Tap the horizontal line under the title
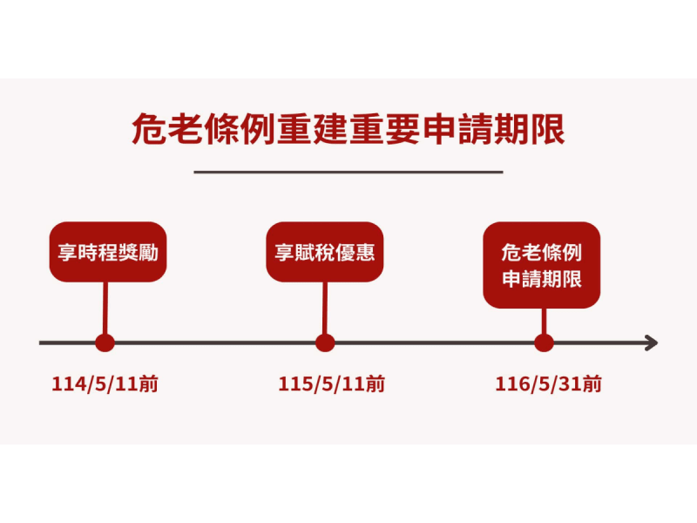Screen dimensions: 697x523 348,172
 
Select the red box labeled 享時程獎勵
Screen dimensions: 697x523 107,252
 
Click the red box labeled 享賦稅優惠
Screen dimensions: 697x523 325,252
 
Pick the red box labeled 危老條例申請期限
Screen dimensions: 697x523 542,265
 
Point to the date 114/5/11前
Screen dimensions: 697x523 105,384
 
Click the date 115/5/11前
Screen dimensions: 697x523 332,384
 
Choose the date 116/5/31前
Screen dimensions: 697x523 548,384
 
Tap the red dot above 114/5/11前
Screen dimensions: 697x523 105,343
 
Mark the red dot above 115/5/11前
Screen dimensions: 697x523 325,343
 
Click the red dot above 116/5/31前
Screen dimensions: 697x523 544,343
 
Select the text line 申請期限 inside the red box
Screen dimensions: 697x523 542,280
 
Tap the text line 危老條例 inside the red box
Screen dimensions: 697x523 542,252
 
